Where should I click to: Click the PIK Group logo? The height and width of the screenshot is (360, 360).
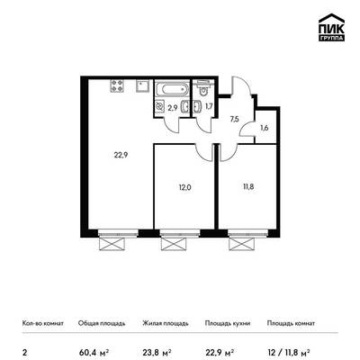(x=331, y=28)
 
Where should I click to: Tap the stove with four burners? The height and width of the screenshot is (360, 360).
(x=117, y=85)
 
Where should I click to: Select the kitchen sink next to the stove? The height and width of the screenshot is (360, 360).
(x=142, y=85)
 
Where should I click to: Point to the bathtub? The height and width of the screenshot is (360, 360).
(x=172, y=89)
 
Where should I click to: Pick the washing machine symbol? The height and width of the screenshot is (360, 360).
(x=160, y=106)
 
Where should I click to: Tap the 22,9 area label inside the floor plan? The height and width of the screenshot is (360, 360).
(x=121, y=156)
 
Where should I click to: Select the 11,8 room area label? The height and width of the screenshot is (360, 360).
(x=248, y=186)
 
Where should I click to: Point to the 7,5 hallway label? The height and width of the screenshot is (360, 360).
(x=235, y=119)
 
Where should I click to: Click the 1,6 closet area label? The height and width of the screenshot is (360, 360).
(x=265, y=128)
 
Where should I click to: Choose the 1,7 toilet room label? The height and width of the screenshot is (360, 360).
(x=209, y=106)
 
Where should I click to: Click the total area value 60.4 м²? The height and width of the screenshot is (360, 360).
(x=94, y=352)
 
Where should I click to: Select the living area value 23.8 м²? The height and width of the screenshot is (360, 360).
(x=157, y=352)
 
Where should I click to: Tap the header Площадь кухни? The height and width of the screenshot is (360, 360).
(x=228, y=323)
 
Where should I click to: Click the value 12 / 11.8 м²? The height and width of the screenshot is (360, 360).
(x=288, y=352)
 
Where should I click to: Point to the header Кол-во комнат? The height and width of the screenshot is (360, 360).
(x=43, y=323)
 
